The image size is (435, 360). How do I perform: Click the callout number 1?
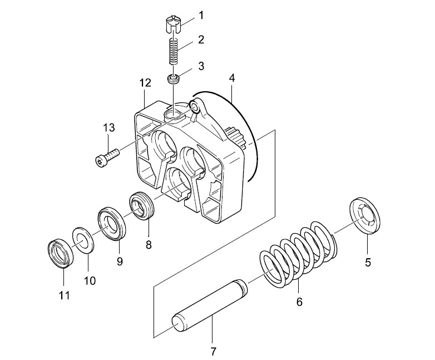[201, 16]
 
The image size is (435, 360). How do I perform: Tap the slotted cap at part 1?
[174, 24]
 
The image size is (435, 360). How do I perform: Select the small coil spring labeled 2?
[174, 51]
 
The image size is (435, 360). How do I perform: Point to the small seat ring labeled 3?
[174, 79]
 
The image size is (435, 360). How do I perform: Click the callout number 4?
[232, 78]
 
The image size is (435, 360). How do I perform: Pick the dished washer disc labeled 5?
[364, 215]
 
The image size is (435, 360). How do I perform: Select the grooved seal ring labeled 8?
[142, 205]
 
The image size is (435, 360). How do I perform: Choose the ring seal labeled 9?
[112, 224]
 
